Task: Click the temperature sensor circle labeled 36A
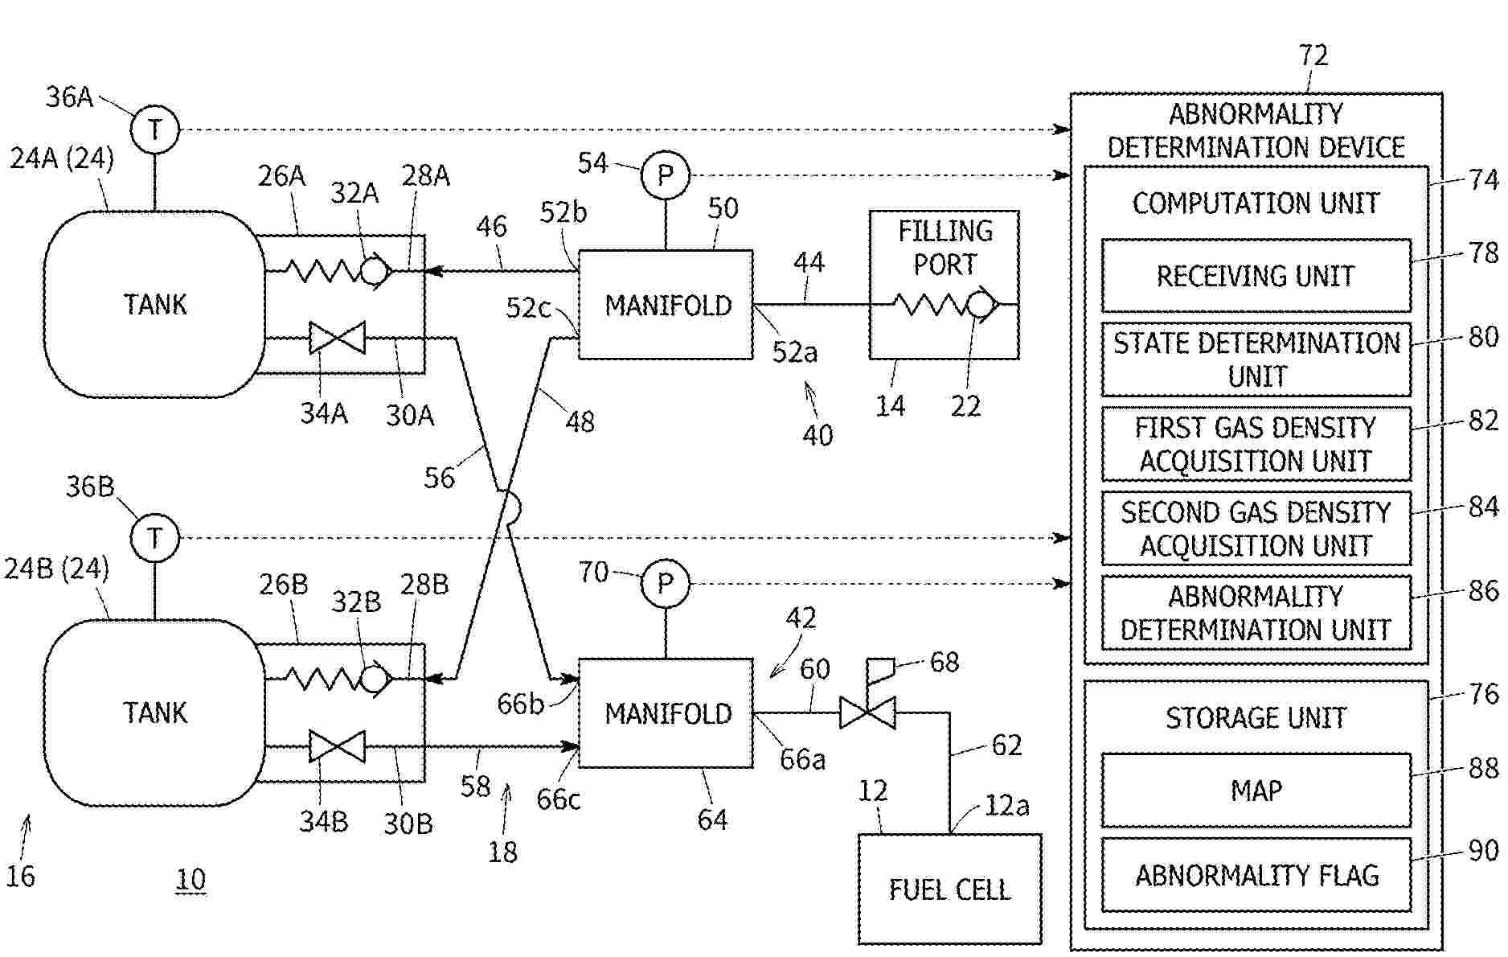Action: [x=154, y=129]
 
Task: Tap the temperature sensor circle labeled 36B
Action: [x=154, y=537]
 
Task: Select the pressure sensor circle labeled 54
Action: [x=665, y=175]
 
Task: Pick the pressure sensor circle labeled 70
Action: [x=665, y=583]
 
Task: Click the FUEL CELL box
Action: [x=949, y=889]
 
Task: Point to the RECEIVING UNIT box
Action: [x=1256, y=276]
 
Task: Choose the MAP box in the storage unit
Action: [x=1256, y=791]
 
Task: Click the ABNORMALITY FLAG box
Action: [x=1256, y=875]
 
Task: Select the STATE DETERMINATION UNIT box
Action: [x=1256, y=359]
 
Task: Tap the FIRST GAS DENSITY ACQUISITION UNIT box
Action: [x=1256, y=444]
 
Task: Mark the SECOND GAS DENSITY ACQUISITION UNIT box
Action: [x=1256, y=528]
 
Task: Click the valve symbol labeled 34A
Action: [x=337, y=338]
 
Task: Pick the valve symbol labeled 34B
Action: [x=337, y=746]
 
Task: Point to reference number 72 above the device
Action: [x=1313, y=55]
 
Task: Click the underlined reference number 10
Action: [x=191, y=880]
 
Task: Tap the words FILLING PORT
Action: [x=945, y=248]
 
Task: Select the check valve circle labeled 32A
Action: [x=374, y=271]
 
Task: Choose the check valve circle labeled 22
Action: [x=979, y=305]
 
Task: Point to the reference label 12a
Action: [x=1006, y=805]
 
